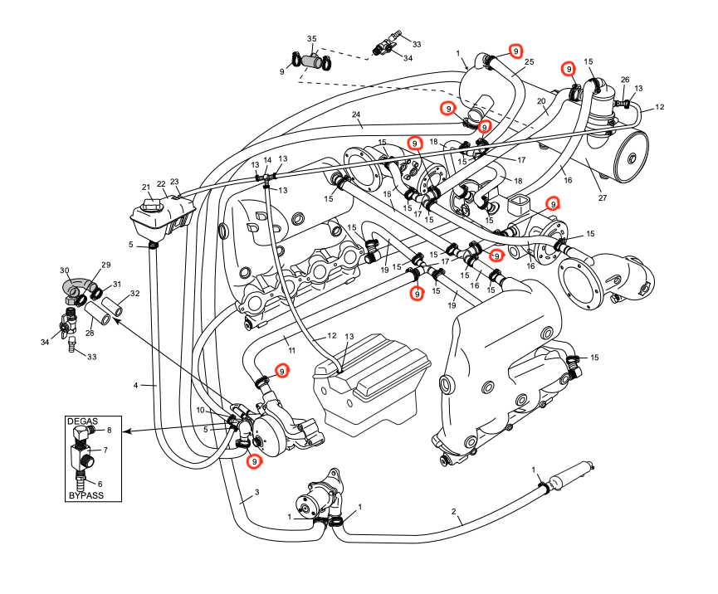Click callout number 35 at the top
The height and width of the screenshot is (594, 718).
pyautogui.click(x=312, y=39)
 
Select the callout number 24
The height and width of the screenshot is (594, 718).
pyautogui.click(x=355, y=114)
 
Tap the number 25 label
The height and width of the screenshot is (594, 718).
pyautogui.click(x=529, y=61)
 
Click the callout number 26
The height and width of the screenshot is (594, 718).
pyautogui.click(x=625, y=80)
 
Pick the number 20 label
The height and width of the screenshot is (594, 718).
pyautogui.click(x=540, y=102)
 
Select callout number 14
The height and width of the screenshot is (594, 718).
pyautogui.click(x=267, y=159)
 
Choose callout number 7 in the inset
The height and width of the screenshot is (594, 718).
pyautogui.click(x=105, y=450)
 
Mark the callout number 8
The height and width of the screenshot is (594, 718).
pyautogui.click(x=109, y=431)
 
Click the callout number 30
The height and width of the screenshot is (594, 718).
pyautogui.click(x=64, y=271)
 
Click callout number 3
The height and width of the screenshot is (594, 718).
pyautogui.click(x=257, y=493)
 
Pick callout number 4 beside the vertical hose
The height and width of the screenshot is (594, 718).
pyautogui.click(x=135, y=385)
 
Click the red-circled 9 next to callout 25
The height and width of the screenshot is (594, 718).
pyautogui.click(x=515, y=51)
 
